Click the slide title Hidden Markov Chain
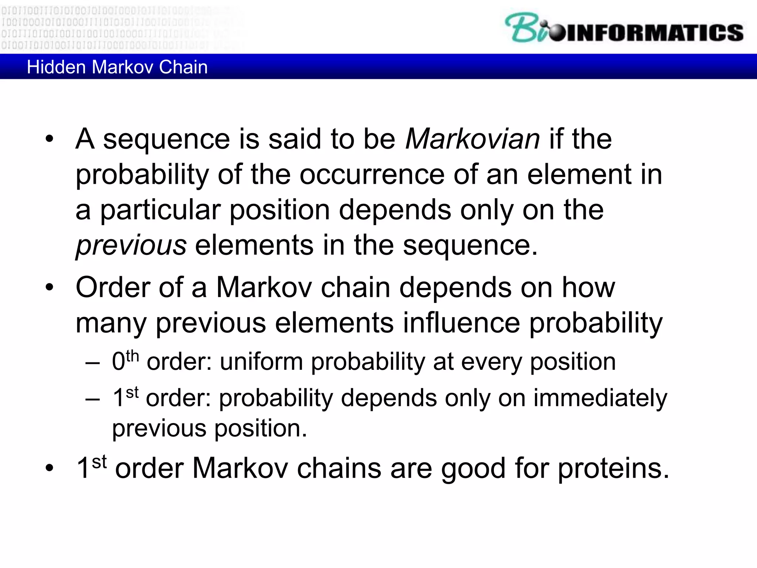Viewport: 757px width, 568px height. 117,67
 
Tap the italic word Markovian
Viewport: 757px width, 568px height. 472,139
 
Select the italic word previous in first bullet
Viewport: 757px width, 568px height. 131,246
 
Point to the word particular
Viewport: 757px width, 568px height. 160,210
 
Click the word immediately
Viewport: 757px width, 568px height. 600,399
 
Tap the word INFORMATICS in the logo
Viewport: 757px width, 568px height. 654,33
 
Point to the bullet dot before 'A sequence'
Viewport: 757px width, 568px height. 50,140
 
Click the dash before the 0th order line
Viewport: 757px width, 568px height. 92,363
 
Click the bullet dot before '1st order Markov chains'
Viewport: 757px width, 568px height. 50,469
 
